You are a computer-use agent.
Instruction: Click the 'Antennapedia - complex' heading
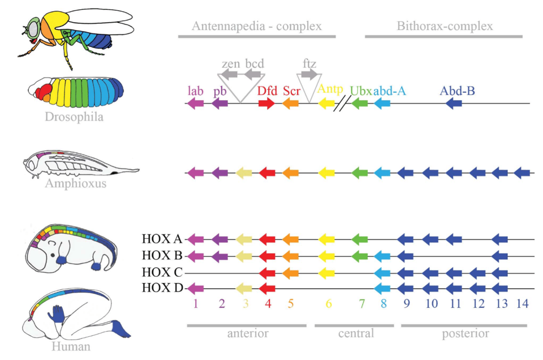tap(256, 26)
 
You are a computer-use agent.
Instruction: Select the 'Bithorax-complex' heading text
tap(444, 26)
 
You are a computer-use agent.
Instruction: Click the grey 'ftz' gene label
tap(309, 63)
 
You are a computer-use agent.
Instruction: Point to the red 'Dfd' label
tap(267, 90)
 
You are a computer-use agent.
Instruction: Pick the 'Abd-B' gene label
tap(454, 90)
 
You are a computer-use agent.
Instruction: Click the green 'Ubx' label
tap(360, 90)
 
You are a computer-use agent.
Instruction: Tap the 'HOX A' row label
tap(162, 239)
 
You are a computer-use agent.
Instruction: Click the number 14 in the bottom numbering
tap(523, 303)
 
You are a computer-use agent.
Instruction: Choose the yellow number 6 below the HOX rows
tap(328, 303)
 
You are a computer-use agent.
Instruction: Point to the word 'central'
tap(356, 334)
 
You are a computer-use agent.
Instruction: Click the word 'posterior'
tap(465, 334)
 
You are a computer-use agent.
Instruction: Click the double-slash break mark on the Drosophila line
tap(342, 104)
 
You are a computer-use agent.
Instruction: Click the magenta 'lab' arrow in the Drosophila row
tap(195, 104)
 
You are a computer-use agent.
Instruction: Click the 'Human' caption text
tap(71, 346)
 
